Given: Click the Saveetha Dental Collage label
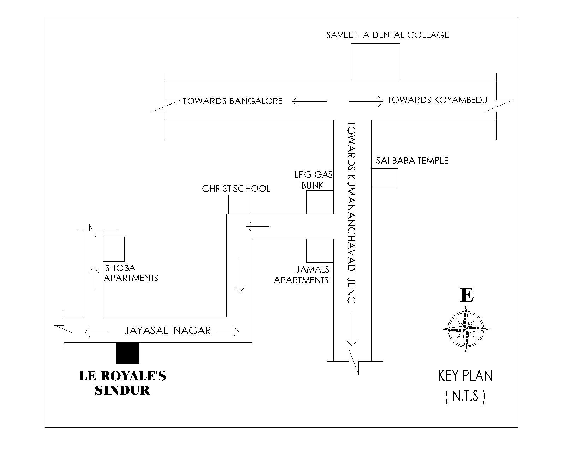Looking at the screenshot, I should (x=387, y=35).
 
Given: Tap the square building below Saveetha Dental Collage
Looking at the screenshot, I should (x=375, y=63).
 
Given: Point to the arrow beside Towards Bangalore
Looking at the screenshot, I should (x=309, y=102).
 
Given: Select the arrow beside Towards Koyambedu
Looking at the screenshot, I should (x=366, y=101).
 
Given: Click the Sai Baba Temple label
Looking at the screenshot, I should (x=412, y=161).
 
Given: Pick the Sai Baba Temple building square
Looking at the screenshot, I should (x=385, y=179).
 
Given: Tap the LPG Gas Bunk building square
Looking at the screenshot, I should (x=320, y=202).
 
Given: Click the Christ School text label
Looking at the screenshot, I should (x=236, y=189).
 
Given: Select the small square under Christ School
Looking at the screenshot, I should (x=240, y=204).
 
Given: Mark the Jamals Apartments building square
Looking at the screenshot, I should (x=320, y=251).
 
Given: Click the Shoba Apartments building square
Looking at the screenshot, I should (x=114, y=249).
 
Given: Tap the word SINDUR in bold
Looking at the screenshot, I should (x=122, y=390).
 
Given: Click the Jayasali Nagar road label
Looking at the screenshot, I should (x=167, y=331).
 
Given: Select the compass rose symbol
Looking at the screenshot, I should (x=466, y=329).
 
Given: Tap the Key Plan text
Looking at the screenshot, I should (x=465, y=376).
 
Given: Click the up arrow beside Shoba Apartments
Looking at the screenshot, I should (x=94, y=279).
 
